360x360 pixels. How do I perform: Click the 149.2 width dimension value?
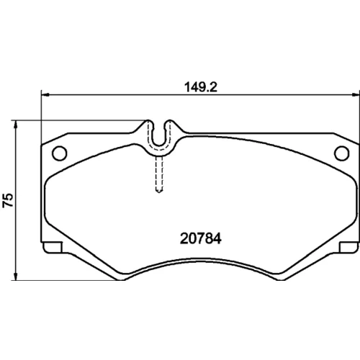201,87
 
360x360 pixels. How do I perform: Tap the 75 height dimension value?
8,200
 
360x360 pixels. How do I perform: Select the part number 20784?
201,238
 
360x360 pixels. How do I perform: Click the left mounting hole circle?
60,153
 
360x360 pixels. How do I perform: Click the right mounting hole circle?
341,153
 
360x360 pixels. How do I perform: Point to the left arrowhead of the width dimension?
45,95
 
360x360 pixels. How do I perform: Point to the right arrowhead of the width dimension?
356,95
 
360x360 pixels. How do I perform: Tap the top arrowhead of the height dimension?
16,125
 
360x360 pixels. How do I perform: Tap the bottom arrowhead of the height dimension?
16,276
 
